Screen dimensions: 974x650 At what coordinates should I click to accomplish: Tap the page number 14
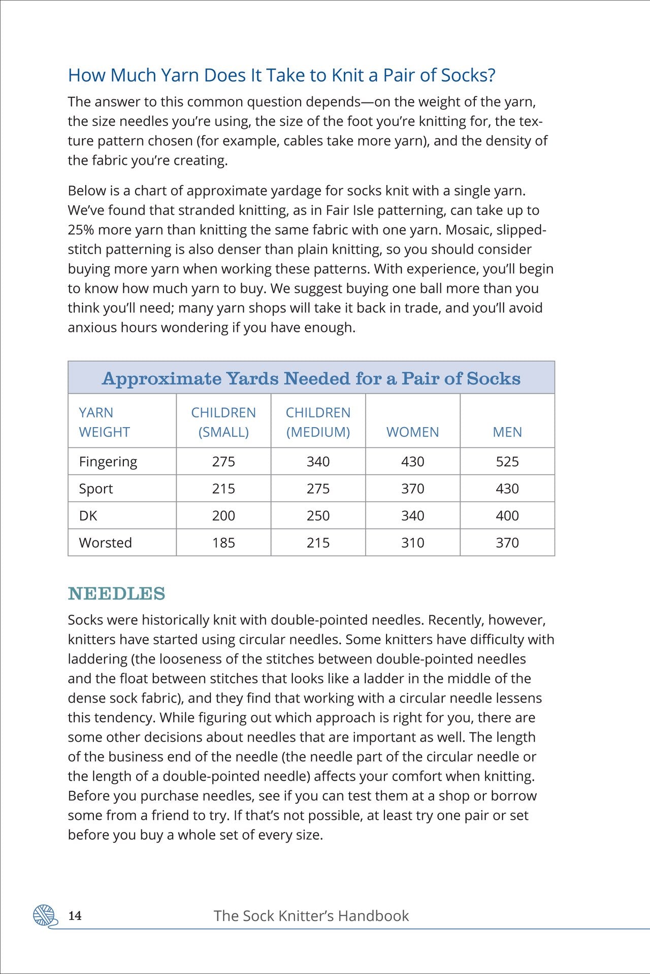click(x=75, y=916)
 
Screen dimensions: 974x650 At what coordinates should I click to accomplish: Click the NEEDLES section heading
click(x=116, y=594)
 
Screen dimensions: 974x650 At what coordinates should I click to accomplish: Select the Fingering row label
click(x=108, y=462)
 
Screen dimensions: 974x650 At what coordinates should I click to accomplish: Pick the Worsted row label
click(x=105, y=543)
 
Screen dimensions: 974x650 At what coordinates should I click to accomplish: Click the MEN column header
click(x=507, y=432)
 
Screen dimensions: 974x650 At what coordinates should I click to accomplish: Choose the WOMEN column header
click(x=412, y=432)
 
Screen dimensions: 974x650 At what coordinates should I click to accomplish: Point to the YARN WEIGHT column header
click(x=104, y=422)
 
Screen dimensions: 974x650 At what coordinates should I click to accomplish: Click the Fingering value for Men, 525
click(x=507, y=462)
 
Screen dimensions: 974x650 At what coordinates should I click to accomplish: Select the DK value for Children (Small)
click(x=223, y=516)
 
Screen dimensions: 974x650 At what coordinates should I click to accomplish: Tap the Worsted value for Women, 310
click(x=412, y=543)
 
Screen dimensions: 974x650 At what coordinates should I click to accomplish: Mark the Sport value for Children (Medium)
click(x=318, y=489)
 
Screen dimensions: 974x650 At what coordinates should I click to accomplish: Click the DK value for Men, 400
click(x=507, y=516)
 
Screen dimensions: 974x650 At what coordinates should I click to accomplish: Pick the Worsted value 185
click(x=223, y=543)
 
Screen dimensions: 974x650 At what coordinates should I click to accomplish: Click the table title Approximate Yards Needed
click(x=311, y=378)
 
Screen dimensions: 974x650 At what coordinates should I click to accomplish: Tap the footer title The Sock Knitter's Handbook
click(x=311, y=916)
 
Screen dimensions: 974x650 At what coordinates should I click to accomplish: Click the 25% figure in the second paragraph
click(x=81, y=230)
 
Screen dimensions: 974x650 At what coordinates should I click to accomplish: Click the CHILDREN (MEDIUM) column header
click(x=318, y=422)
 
